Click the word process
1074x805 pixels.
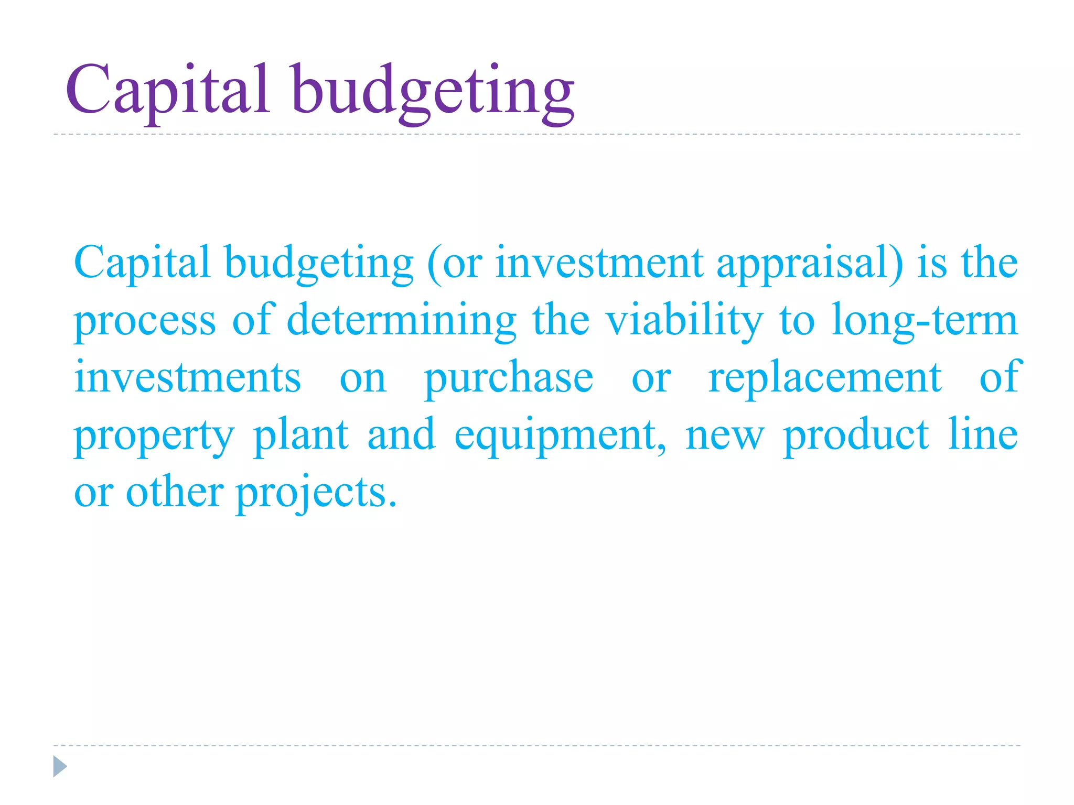(145, 321)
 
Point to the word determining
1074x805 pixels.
(402, 321)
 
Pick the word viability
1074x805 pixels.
(684, 321)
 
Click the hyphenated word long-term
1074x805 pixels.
(924, 321)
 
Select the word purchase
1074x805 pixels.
(509, 378)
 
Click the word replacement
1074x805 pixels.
(825, 378)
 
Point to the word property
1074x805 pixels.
(154, 436)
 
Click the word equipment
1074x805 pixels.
(560, 436)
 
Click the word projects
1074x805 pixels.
(316, 494)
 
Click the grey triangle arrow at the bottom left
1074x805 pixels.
(60, 766)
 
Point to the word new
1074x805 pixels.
(725, 436)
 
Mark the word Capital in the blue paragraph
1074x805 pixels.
(142, 264)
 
